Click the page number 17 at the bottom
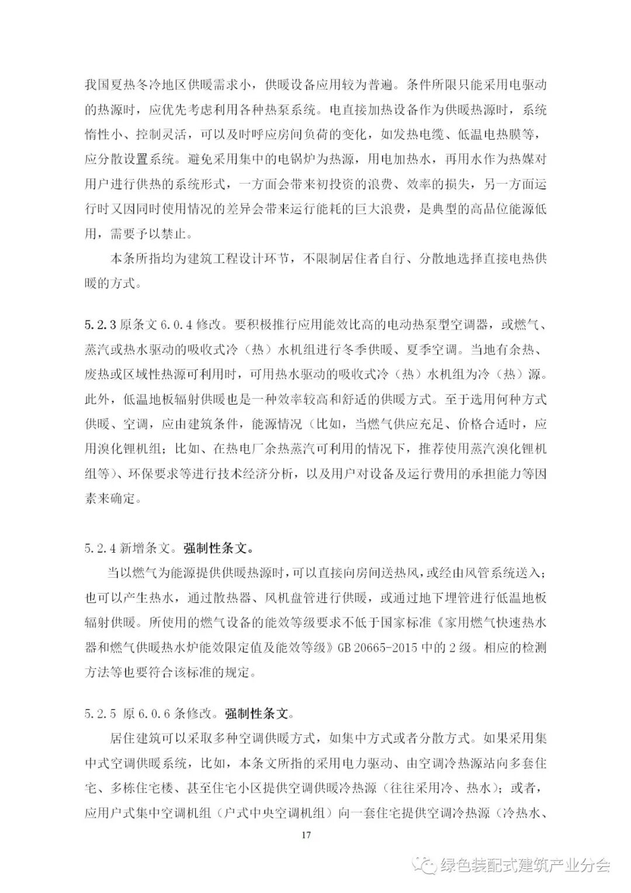pos(306,834)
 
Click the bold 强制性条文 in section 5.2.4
pos(219,548)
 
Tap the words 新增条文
pos(145,548)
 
